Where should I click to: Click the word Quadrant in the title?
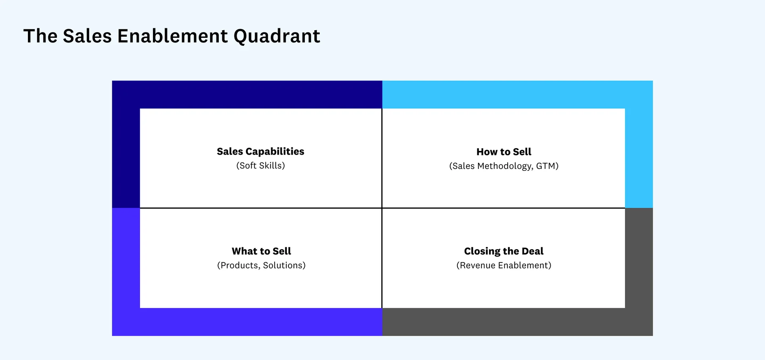277,37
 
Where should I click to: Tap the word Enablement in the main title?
173,36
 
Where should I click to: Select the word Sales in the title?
87,36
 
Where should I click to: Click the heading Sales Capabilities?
261,151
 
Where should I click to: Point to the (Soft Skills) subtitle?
261,166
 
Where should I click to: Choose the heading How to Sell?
504,152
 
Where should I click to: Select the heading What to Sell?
261,251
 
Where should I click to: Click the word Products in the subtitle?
239,265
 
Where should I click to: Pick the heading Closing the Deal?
504,251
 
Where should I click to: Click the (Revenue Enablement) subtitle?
504,265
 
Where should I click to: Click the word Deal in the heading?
532,251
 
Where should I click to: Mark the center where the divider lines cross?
382,208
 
